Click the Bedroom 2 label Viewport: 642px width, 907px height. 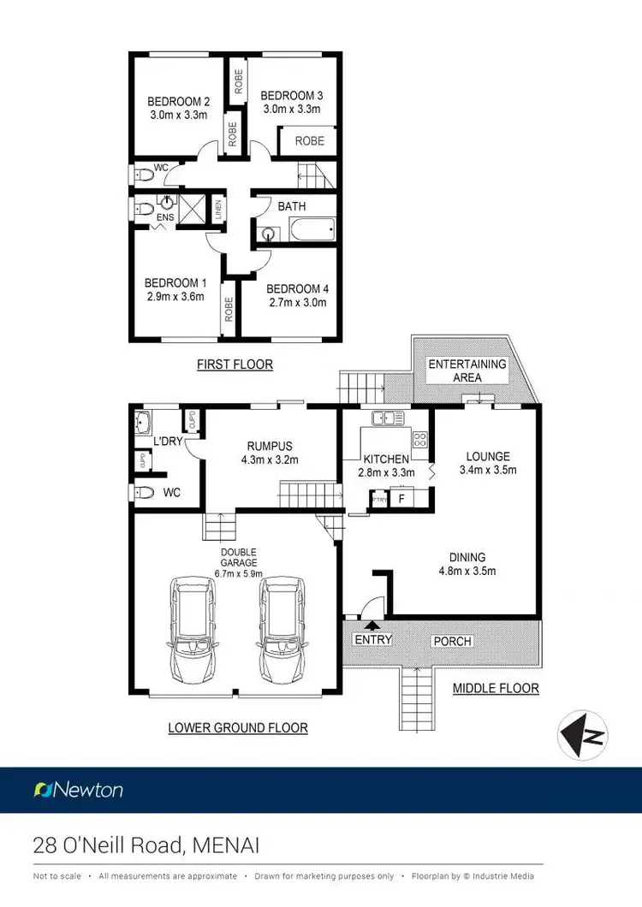click(179, 98)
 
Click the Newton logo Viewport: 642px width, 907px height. click(78, 789)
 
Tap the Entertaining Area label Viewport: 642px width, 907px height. click(467, 371)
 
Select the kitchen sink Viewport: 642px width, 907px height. click(388, 418)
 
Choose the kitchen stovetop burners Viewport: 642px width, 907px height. click(420, 440)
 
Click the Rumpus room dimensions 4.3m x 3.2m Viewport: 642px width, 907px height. click(270, 459)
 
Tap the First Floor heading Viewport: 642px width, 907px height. click(235, 365)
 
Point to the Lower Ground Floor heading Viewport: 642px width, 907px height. click(237, 728)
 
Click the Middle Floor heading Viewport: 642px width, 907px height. click(496, 688)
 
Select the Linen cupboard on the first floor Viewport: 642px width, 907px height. click(217, 209)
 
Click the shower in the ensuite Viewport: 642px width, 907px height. click(193, 209)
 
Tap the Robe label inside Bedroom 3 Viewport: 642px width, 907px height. click(309, 141)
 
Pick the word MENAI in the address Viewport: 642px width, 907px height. click(225, 846)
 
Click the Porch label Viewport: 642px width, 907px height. click(453, 641)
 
